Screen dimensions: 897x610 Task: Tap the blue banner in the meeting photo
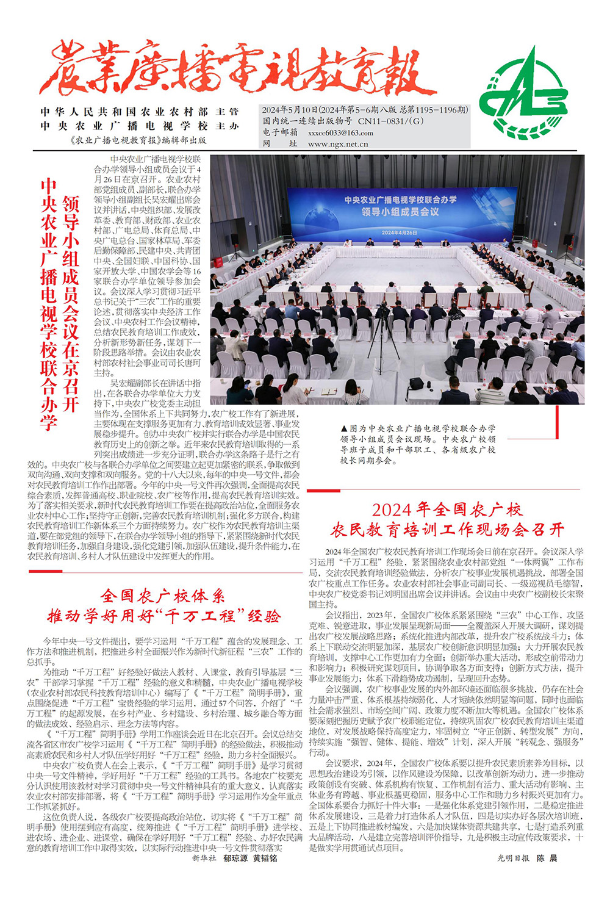click(x=400, y=211)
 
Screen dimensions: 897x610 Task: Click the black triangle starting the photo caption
click(x=344, y=429)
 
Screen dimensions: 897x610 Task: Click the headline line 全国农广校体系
click(x=163, y=596)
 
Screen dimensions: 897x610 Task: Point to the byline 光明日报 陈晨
click(x=527, y=858)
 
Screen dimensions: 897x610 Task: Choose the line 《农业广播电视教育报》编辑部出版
click(x=138, y=140)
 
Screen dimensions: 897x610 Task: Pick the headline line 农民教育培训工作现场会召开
click(x=447, y=530)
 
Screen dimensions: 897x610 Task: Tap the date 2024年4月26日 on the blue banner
click(x=400, y=232)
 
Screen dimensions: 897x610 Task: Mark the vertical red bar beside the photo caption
click(x=558, y=422)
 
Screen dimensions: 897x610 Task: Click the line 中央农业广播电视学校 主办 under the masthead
click(x=140, y=126)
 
